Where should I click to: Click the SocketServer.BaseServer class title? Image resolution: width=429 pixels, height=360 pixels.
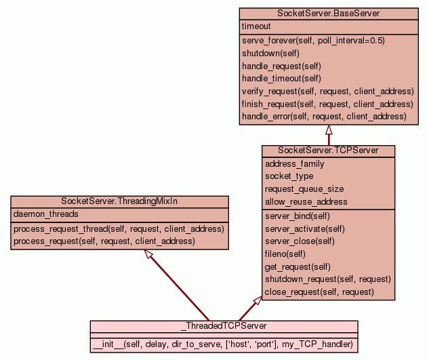[x=328, y=14]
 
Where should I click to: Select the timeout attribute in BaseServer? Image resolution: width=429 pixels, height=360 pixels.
[x=256, y=26]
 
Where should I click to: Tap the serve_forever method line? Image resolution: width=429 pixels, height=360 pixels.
[x=313, y=41]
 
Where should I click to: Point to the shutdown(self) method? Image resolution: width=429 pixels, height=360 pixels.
[x=270, y=53]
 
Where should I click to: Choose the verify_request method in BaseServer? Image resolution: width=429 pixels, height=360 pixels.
[x=327, y=91]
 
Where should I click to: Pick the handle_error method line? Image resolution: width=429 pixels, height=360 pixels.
[x=324, y=117]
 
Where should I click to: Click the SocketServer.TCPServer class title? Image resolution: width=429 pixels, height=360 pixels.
[x=328, y=150]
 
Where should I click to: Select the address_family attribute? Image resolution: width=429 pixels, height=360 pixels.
[x=294, y=163]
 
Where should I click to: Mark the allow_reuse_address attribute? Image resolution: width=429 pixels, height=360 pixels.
[x=306, y=201]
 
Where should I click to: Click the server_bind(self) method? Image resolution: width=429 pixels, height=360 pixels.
[x=297, y=216]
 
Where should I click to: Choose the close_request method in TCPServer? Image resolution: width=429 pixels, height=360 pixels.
[x=319, y=292]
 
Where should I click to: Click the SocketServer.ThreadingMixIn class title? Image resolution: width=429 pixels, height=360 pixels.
[x=119, y=201]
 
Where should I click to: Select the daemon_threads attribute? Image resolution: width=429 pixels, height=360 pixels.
[x=46, y=214]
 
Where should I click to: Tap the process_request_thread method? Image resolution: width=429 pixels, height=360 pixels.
[x=119, y=228]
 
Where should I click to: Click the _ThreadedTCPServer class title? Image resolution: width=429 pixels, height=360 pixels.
[x=224, y=326]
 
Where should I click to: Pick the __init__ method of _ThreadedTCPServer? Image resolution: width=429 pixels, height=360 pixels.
[x=224, y=344]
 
